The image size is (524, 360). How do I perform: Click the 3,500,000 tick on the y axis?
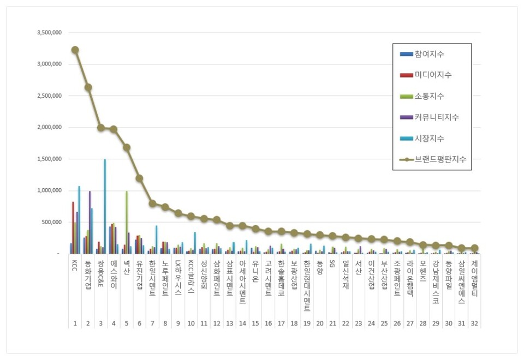(48, 33)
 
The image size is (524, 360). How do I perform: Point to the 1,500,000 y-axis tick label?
(48, 159)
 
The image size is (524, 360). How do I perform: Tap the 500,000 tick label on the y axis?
(51, 223)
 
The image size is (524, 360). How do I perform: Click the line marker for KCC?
(75, 50)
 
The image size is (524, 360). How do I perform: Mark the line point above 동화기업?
(88, 87)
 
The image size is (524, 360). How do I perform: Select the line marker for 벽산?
(127, 147)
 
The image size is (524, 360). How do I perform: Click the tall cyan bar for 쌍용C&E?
(105, 206)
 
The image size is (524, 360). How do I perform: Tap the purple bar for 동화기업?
(90, 222)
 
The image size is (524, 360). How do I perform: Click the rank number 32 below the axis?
(474, 323)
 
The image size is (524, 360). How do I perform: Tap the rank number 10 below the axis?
(191, 323)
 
